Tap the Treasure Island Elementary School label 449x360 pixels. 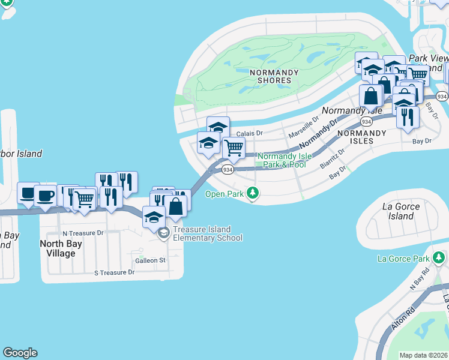(x=207, y=233)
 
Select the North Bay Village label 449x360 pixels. (x=58, y=248)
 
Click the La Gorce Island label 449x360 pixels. (x=401, y=211)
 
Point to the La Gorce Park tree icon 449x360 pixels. (x=439, y=259)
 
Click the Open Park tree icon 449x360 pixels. (x=254, y=193)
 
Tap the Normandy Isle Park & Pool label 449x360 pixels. (x=285, y=160)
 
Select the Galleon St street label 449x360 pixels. (x=149, y=260)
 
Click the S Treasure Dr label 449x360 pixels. (x=114, y=272)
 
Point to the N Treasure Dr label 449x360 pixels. (x=83, y=233)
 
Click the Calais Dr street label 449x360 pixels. (x=250, y=133)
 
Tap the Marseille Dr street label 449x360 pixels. (x=306, y=127)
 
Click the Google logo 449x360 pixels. (x=20, y=353)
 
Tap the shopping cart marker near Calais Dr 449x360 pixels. (x=234, y=147)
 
